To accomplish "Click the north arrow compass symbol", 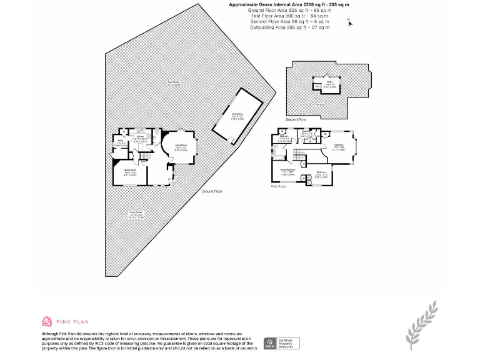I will [349, 22].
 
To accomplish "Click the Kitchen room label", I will [141, 137].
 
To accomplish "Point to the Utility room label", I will [121, 142].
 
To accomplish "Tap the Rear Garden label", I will [173, 83].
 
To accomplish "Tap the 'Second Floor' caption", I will [297, 119].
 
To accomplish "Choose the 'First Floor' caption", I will [278, 186].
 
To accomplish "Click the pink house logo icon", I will [47, 322].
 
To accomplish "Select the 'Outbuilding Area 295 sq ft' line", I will [289, 27].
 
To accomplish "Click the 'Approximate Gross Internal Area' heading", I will [289, 4].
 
